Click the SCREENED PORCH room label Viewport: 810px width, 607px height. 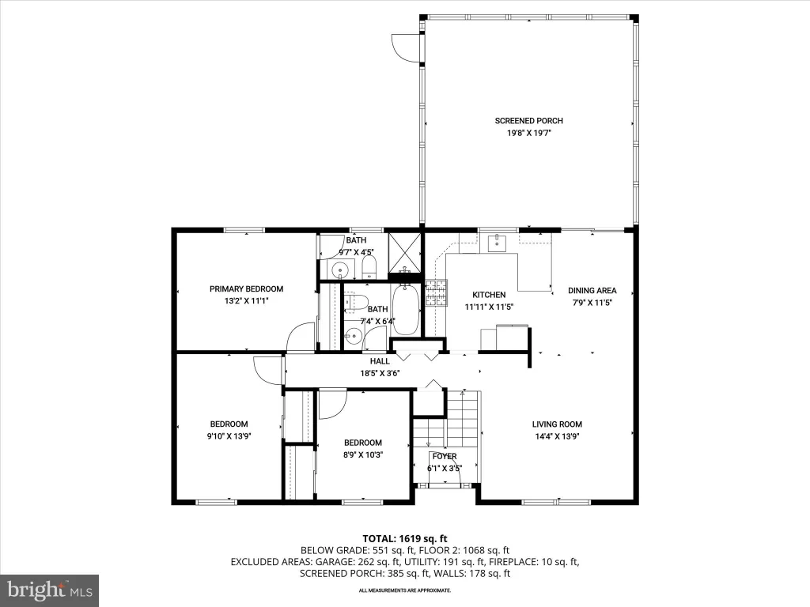click(x=528, y=121)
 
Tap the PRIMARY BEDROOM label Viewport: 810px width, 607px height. click(x=247, y=289)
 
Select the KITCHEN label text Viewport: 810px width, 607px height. click(x=489, y=295)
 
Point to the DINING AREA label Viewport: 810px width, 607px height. click(x=592, y=291)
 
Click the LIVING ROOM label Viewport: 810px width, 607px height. click(x=557, y=424)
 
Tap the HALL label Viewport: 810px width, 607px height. click(x=380, y=361)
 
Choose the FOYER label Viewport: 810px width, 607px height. click(x=445, y=456)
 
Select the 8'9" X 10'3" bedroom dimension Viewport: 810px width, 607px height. click(x=363, y=455)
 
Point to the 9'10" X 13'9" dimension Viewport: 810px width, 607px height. click(x=229, y=436)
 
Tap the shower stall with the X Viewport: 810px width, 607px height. click(x=405, y=252)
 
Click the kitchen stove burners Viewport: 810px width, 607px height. click(x=437, y=293)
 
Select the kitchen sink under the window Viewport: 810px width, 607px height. click(x=498, y=242)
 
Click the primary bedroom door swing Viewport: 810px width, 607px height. click(x=300, y=337)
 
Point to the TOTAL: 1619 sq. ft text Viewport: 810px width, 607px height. click(x=404, y=539)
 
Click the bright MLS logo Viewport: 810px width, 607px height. click(x=50, y=590)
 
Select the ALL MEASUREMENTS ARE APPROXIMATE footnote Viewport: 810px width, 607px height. click(x=405, y=590)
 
